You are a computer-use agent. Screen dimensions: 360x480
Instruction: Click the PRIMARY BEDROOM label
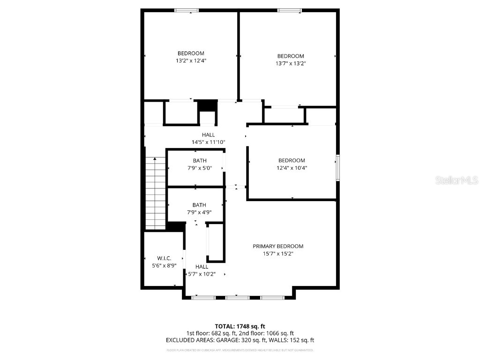coord(278,246)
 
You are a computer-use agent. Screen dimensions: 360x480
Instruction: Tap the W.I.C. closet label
coord(164,258)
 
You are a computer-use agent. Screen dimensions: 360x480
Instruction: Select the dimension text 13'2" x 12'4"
coord(190,60)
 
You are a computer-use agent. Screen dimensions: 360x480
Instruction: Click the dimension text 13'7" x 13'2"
coord(291,63)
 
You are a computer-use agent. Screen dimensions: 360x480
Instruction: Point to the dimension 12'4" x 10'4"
coord(292,167)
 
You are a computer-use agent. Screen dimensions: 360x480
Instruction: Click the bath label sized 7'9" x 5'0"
coord(199,160)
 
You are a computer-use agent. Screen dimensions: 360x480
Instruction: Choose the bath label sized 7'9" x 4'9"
coord(199,205)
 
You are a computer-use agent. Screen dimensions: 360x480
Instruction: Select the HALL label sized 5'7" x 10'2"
coord(202,267)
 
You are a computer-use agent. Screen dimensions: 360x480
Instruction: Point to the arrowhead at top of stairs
coord(155,159)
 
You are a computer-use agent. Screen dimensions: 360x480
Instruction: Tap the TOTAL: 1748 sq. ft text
coord(240,326)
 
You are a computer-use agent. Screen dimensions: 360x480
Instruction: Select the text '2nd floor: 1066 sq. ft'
coord(266,333)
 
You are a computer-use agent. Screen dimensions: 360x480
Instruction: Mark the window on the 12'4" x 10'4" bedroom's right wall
coord(337,168)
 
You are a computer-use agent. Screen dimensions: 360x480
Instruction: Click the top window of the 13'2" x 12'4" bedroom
coord(187,10)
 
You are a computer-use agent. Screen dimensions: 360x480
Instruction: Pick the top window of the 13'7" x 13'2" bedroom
coord(289,10)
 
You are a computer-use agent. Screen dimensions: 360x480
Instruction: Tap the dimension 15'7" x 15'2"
coord(278,254)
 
